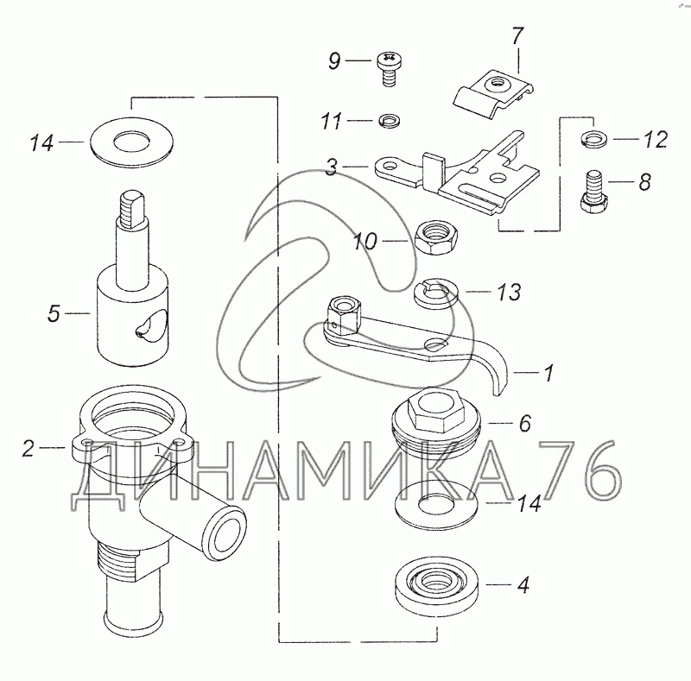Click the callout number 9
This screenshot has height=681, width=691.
pos(334,60)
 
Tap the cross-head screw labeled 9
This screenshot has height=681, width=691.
pos(389,69)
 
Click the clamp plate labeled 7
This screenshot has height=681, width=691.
pos(494,94)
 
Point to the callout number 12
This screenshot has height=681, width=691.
pos(656,140)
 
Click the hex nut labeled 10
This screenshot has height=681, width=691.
pos(438,237)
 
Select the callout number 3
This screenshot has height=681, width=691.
pos(332,167)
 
